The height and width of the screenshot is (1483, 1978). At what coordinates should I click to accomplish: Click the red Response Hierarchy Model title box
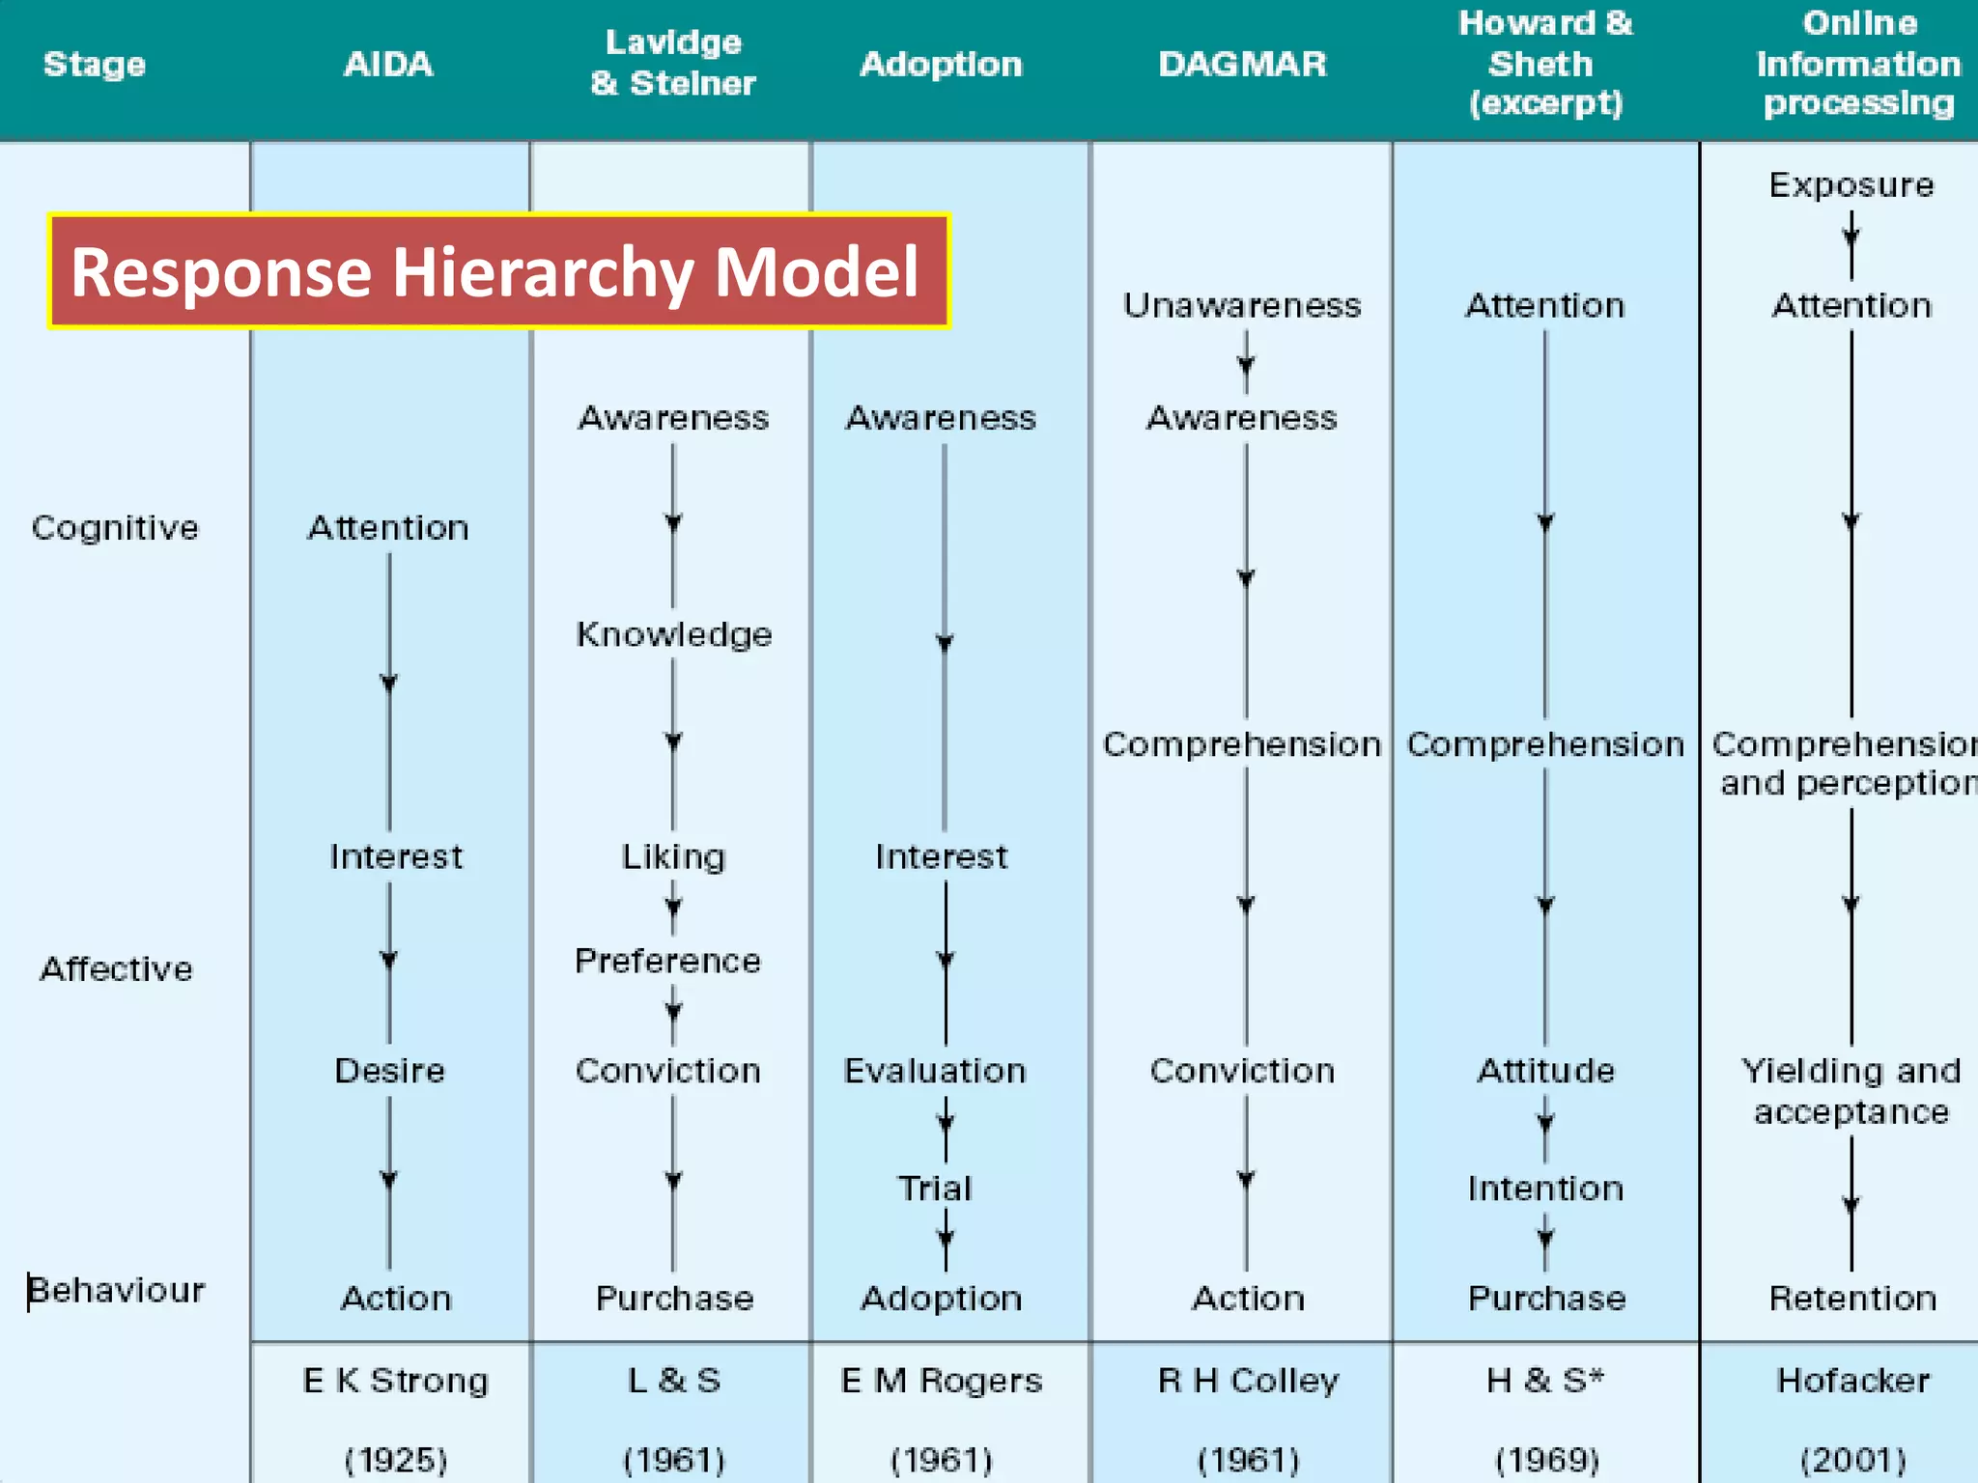(x=498, y=271)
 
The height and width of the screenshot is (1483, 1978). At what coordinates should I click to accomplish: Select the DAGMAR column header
(x=1242, y=64)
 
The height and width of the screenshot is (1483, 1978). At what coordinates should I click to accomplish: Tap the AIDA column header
(x=388, y=64)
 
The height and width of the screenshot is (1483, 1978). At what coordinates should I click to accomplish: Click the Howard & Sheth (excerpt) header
(x=1544, y=63)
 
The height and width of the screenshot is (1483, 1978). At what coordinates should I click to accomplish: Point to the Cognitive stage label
(x=115, y=527)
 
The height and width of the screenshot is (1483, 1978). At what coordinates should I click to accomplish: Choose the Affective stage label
(x=116, y=968)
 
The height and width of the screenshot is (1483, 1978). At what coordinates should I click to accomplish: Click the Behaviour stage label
(x=117, y=1290)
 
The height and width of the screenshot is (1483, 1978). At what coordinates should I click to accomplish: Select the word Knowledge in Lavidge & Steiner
(x=674, y=634)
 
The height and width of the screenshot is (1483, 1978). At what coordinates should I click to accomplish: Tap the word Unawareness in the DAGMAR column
(x=1242, y=305)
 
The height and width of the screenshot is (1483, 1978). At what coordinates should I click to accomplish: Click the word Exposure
(x=1851, y=184)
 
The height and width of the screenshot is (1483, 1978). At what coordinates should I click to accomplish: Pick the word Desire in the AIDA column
(x=389, y=1071)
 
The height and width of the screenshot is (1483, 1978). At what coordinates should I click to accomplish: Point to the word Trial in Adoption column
(x=935, y=1189)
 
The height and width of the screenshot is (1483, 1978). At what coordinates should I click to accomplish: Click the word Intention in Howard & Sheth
(x=1545, y=1189)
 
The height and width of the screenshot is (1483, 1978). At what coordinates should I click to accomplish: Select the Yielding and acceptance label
(x=1851, y=1091)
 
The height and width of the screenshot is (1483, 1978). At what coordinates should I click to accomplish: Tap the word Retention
(x=1852, y=1299)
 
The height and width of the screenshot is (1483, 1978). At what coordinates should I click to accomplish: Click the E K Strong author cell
(x=395, y=1381)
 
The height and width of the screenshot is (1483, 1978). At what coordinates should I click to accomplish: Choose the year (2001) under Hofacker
(x=1852, y=1459)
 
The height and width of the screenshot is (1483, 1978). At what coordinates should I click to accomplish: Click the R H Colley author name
(x=1248, y=1381)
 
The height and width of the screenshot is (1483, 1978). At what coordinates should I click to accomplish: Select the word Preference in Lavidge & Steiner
(x=667, y=961)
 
